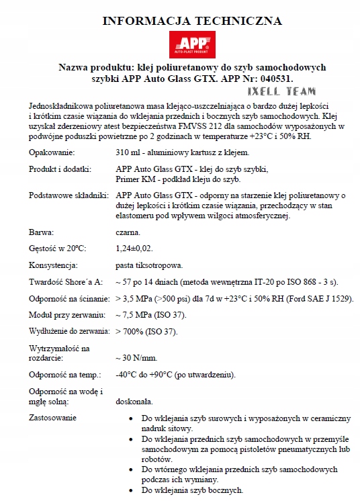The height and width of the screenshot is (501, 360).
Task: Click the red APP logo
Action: pyautogui.click(x=192, y=46)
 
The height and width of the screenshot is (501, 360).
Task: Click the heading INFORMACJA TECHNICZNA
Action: pyautogui.click(x=191, y=21)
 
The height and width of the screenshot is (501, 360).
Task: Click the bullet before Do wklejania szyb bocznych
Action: pyautogui.click(x=131, y=491)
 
